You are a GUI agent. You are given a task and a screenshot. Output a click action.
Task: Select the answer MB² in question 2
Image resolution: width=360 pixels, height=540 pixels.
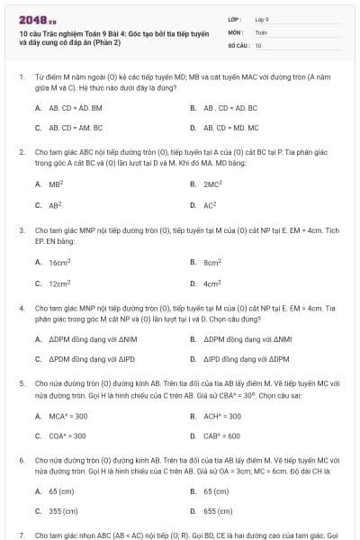tap(55, 184)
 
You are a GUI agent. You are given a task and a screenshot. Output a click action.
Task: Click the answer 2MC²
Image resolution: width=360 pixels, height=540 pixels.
tap(212, 184)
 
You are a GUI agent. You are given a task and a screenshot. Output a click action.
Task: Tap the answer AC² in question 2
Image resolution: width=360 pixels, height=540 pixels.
tap(210, 204)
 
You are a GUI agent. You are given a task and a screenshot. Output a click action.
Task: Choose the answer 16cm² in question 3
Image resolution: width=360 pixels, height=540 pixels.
tap(59, 262)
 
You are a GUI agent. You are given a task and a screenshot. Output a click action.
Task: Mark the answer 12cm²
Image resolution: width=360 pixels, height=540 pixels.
tap(59, 283)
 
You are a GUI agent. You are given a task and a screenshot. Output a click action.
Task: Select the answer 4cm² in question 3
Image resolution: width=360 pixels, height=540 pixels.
tap(212, 283)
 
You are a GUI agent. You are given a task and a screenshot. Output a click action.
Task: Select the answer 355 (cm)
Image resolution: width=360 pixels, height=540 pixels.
tap(62, 511)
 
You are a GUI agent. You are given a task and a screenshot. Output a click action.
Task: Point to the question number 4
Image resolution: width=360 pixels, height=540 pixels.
tap(22, 308)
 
